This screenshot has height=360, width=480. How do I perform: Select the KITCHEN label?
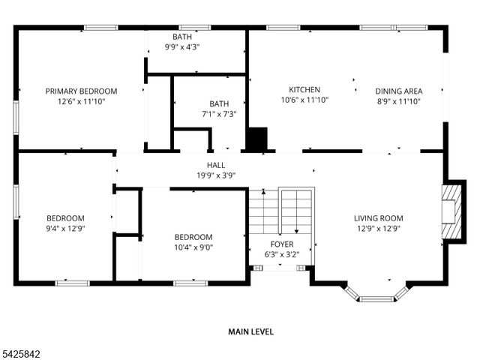pos(304,89)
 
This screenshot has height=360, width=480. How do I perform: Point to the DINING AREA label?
pos(398,91)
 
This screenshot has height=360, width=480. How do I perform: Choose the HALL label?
pos(216,166)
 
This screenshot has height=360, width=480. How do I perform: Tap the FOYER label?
pos(282,244)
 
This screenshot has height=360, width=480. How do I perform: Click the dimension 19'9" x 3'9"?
pos(216,175)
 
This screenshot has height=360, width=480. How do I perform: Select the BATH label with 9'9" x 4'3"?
pos(181,37)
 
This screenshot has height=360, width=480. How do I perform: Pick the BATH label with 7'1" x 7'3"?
pos(219,104)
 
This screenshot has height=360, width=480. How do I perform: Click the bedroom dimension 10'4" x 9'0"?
pos(193,247)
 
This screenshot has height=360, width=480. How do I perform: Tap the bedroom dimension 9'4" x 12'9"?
pos(66,228)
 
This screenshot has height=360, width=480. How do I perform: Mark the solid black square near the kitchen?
pos(256,139)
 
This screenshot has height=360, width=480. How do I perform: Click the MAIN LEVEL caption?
pos(250,331)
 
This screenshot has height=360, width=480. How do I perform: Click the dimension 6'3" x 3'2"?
pos(282,254)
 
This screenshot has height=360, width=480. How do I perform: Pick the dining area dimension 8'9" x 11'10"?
pos(398,100)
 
